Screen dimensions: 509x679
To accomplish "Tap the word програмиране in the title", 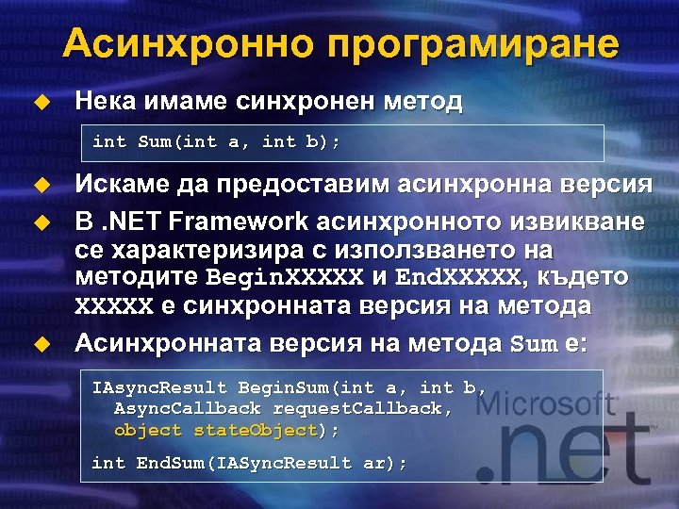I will tap(475, 45).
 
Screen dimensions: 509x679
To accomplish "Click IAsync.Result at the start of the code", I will tap(158, 387).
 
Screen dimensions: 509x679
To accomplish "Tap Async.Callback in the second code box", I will tap(187, 408).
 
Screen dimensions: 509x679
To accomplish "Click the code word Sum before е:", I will tap(532, 344).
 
